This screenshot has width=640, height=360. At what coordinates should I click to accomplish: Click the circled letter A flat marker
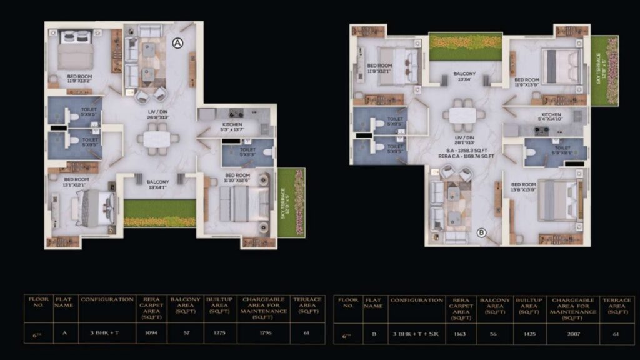[x=177, y=43]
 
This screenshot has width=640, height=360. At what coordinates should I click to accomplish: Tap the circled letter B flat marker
[x=482, y=233]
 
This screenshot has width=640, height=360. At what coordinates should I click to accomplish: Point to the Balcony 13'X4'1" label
[x=157, y=184]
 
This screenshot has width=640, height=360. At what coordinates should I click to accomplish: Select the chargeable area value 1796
[x=264, y=332]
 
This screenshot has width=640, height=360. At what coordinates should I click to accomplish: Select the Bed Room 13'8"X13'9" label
[x=523, y=187]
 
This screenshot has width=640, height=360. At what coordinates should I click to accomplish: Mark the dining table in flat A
[x=157, y=139]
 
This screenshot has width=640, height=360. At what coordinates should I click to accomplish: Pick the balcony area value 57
[x=186, y=332]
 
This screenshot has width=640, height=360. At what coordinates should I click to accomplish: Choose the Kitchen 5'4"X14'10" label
[x=551, y=117]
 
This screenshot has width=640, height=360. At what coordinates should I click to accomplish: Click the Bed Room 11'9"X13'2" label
[x=79, y=79]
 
